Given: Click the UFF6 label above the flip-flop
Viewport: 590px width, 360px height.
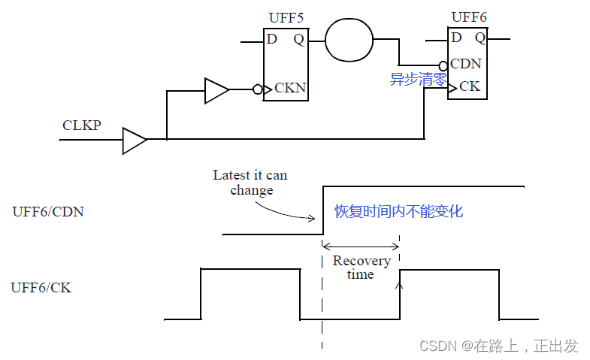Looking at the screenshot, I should click(470, 17).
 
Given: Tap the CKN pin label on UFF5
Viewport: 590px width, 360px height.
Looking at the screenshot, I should click(290, 88).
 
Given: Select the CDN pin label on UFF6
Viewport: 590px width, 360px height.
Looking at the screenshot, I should click(466, 64).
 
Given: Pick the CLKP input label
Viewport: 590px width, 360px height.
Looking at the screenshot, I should click(82, 125).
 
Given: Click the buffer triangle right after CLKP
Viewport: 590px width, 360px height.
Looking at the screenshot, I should click(135, 140).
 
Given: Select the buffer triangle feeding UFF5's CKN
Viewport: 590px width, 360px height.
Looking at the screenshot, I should click(216, 91).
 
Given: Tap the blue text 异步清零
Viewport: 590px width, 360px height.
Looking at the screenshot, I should click(419, 80).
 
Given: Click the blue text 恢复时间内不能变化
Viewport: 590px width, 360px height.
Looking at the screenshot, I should click(398, 212).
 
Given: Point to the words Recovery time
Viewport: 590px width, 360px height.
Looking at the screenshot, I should click(362, 268).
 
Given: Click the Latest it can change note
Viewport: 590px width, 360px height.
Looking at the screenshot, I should click(250, 183).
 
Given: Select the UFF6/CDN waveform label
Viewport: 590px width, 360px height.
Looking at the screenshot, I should click(48, 211).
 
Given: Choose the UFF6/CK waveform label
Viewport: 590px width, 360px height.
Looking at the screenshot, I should click(41, 287).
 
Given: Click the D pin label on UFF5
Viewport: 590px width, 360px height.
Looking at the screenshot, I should click(272, 39).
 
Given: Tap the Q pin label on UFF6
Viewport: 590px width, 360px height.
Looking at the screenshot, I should click(480, 37).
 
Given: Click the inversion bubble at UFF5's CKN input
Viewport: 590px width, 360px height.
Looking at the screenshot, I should click(258, 89).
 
